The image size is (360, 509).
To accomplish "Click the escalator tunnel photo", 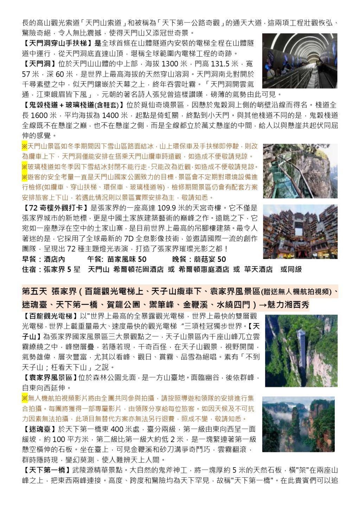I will (x=300, y=61).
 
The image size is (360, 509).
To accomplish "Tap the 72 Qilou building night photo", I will (x=300, y=231).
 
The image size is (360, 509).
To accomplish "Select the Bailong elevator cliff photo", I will (x=301, y=350).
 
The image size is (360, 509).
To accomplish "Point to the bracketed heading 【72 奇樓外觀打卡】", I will (x=56, y=208).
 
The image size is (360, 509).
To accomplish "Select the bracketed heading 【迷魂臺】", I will (x=39, y=429).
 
